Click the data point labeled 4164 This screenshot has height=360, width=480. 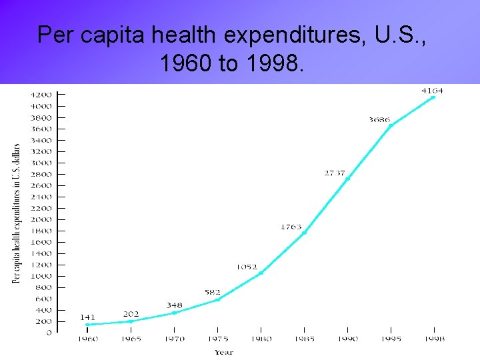(433, 97)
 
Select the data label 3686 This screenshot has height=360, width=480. (379, 120)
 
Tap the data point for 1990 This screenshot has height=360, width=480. (347, 179)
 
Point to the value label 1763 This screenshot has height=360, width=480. (291, 227)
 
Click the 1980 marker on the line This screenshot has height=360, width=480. (261, 273)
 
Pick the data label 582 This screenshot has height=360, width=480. (213, 292)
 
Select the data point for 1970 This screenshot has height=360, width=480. (174, 313)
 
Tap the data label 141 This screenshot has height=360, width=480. (88, 317)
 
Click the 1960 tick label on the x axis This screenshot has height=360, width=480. (87, 339)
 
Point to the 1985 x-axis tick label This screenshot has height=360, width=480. (304, 339)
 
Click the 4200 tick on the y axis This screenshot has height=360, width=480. (41, 95)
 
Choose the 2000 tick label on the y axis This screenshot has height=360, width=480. (41, 219)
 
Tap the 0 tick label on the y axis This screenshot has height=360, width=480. (49, 333)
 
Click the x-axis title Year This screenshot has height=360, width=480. (224, 351)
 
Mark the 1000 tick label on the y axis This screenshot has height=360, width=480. (41, 276)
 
